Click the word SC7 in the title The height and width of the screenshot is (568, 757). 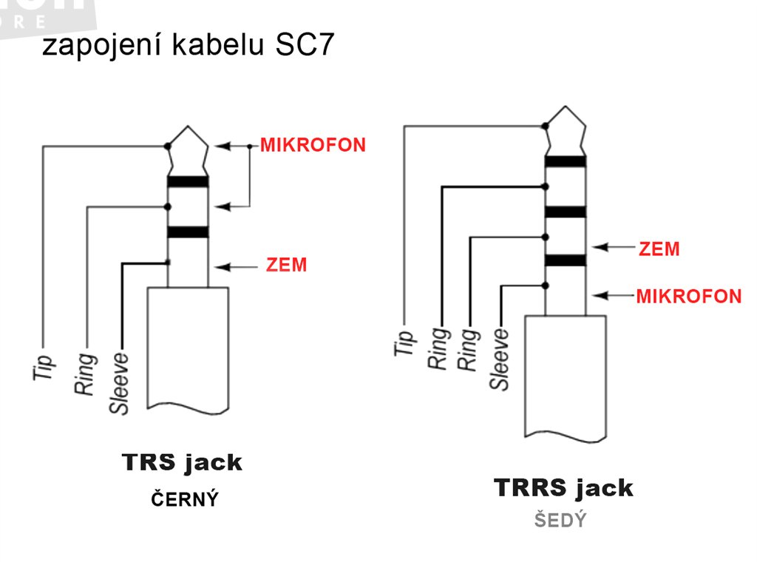(306, 45)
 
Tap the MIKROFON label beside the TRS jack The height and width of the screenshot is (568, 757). (313, 145)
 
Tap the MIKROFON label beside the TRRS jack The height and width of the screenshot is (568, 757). (688, 297)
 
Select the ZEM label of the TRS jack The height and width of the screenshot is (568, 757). (286, 265)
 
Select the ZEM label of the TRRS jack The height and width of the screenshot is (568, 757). (659, 249)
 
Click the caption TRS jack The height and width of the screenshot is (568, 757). (182, 463)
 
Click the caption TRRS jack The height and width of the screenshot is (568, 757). (563, 488)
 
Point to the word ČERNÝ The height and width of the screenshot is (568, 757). (185, 500)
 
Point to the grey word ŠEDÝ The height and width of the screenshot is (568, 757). (560, 521)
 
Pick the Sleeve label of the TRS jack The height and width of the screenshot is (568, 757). (119, 383)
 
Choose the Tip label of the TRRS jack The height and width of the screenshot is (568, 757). (404, 342)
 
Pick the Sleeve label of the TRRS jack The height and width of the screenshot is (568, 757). (500, 359)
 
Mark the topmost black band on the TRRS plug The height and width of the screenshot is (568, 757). (566, 161)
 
